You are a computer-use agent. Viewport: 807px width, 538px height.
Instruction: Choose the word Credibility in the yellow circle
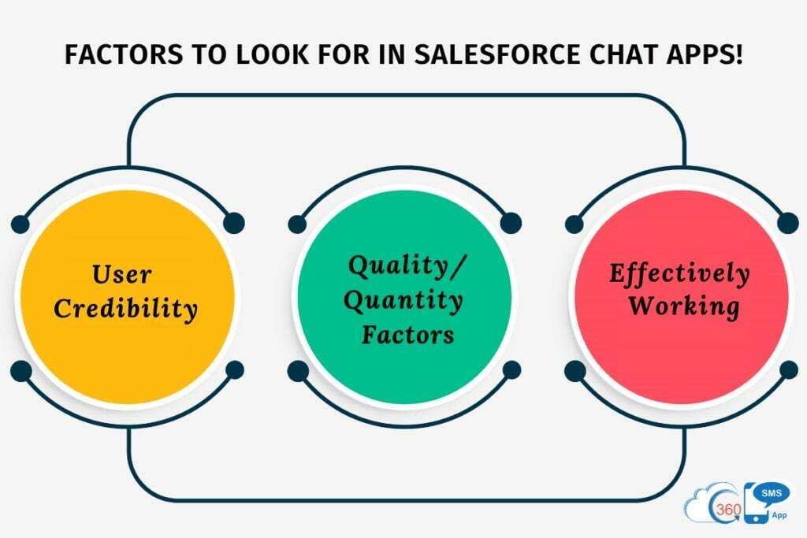point(125,309)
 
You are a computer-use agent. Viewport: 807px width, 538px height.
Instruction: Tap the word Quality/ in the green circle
point(407,266)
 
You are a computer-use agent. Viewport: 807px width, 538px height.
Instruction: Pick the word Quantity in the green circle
point(405,300)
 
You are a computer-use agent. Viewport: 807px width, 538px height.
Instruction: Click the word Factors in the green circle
point(407,334)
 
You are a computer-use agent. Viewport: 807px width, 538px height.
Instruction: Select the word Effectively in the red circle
point(679,273)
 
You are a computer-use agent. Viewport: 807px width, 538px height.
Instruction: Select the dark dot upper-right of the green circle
point(511,223)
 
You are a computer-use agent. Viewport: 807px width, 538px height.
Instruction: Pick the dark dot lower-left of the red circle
point(575,370)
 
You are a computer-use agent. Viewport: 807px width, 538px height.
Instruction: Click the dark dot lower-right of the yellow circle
point(234,370)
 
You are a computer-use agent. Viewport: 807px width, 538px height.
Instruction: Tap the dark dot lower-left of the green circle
point(298,370)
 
